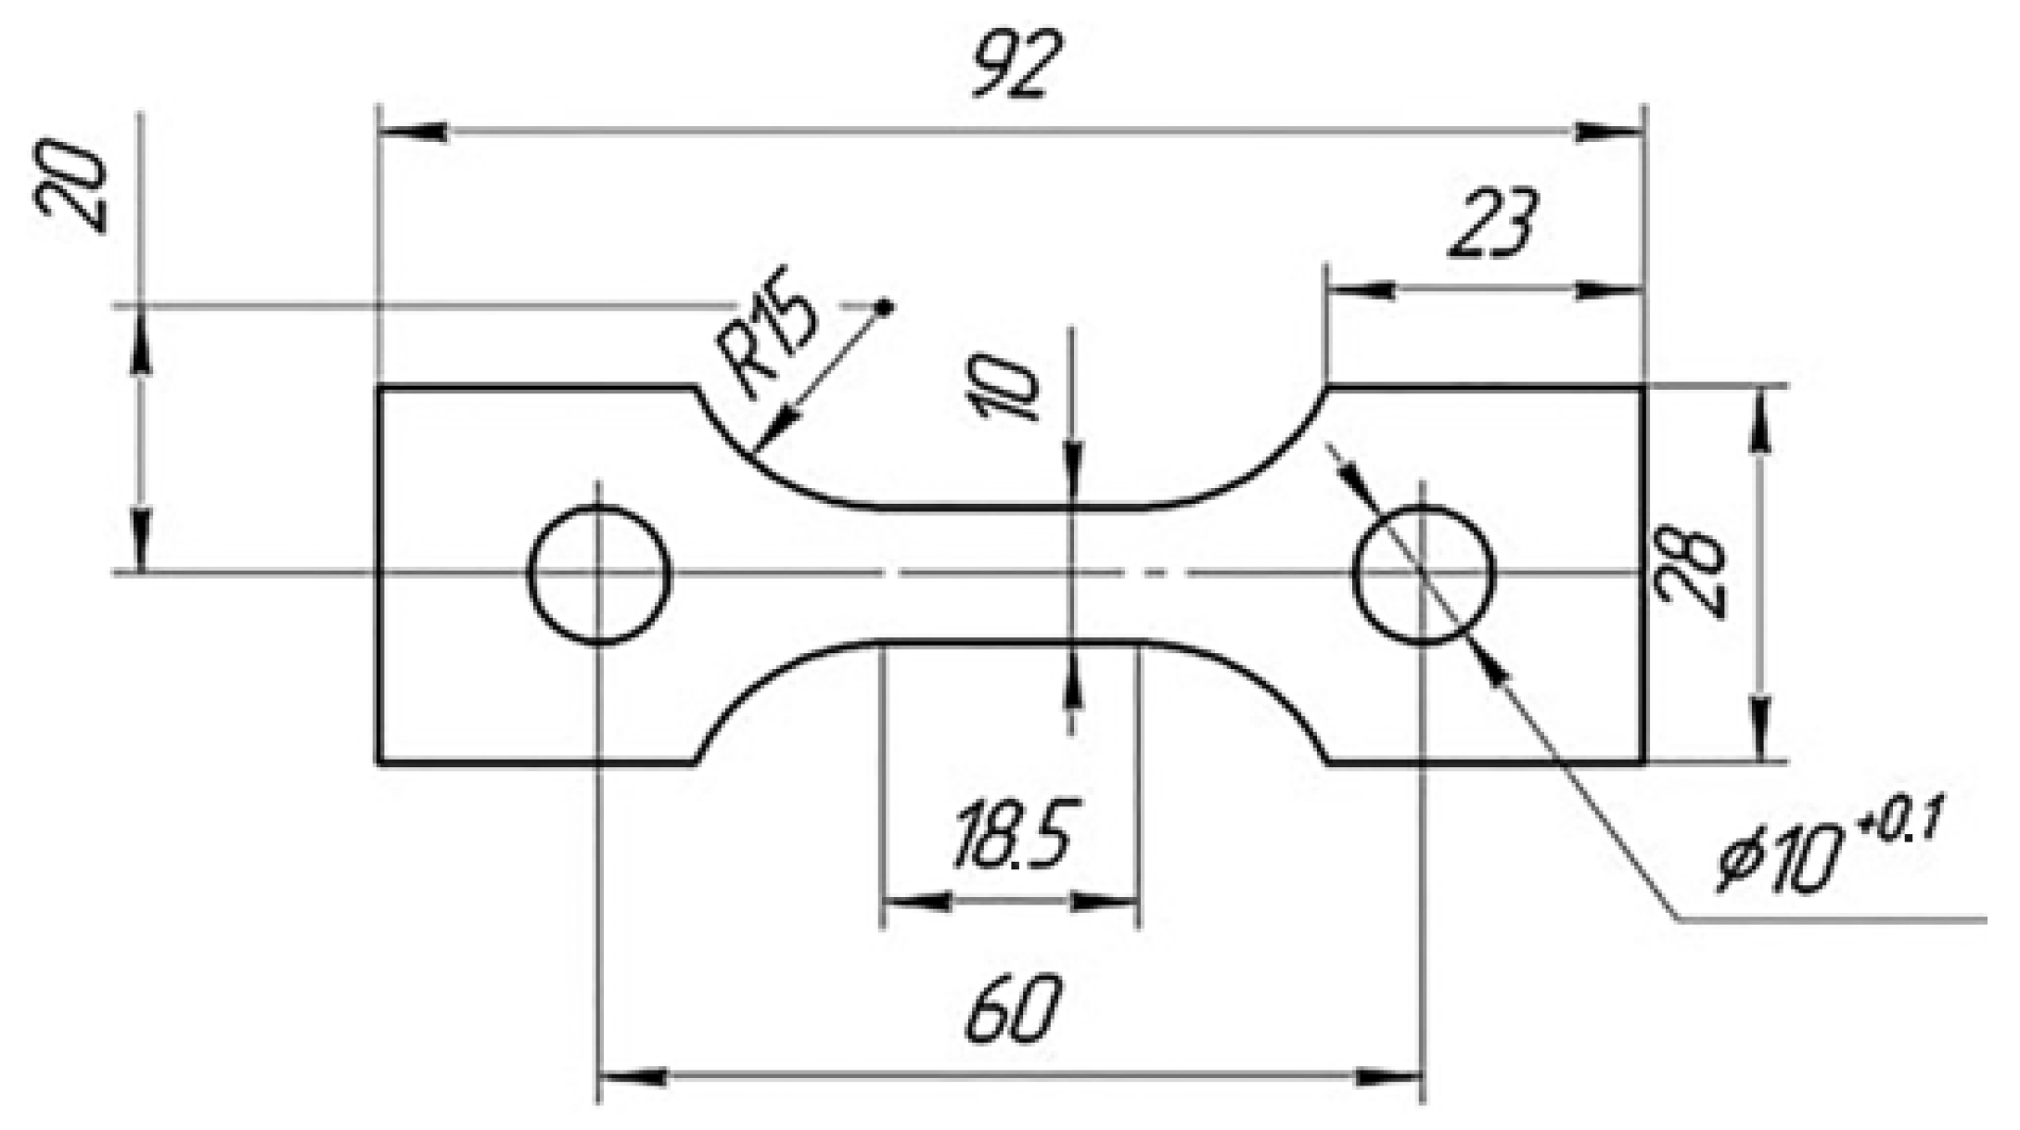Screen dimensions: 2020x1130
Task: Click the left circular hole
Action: pyautogui.click(x=599, y=574)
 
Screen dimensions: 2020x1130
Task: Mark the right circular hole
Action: pyautogui.click(x=1424, y=574)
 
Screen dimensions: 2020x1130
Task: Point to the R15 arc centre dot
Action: pyautogui.click(x=885, y=306)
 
